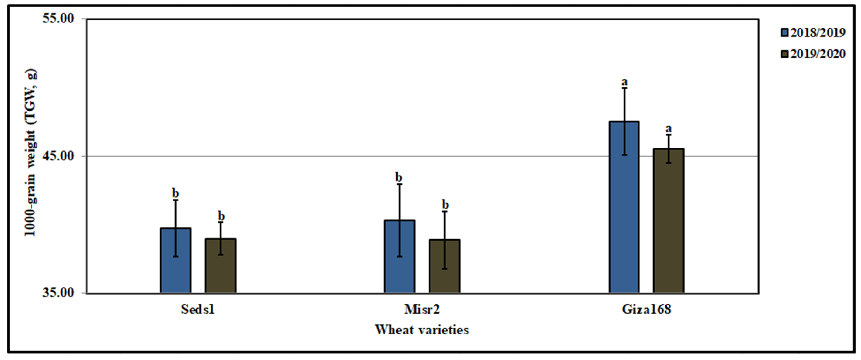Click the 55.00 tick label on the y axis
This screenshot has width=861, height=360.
pos(58,18)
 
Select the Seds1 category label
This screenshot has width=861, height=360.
pos(198,309)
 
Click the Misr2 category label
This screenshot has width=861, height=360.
pos(422,309)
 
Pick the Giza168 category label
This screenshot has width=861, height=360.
pos(646,309)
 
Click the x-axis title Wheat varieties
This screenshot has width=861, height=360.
pos(422,330)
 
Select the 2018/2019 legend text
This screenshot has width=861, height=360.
pos(818,32)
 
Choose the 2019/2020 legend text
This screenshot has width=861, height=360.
pos(818,54)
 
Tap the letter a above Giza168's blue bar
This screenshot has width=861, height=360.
pos(624,82)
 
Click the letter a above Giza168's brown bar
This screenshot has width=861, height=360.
pos(669,128)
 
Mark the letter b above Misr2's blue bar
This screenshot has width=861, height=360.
pos(399,177)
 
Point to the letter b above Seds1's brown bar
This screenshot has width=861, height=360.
pos(221,216)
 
